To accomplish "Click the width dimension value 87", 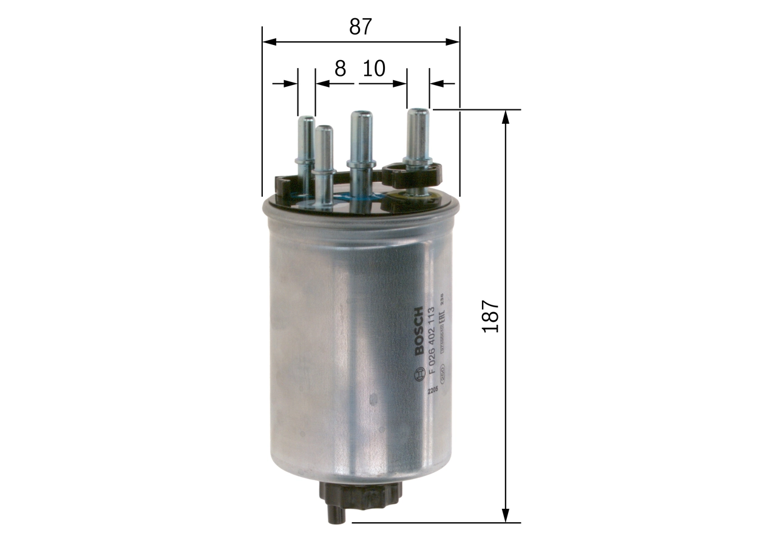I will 360,27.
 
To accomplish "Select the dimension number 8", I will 340,69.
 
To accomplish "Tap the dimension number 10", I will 374,69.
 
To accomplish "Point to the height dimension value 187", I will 490,316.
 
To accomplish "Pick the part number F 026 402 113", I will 432,340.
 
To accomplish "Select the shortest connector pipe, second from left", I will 324,164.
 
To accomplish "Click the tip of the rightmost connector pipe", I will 418,114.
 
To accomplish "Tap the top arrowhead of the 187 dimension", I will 505,116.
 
